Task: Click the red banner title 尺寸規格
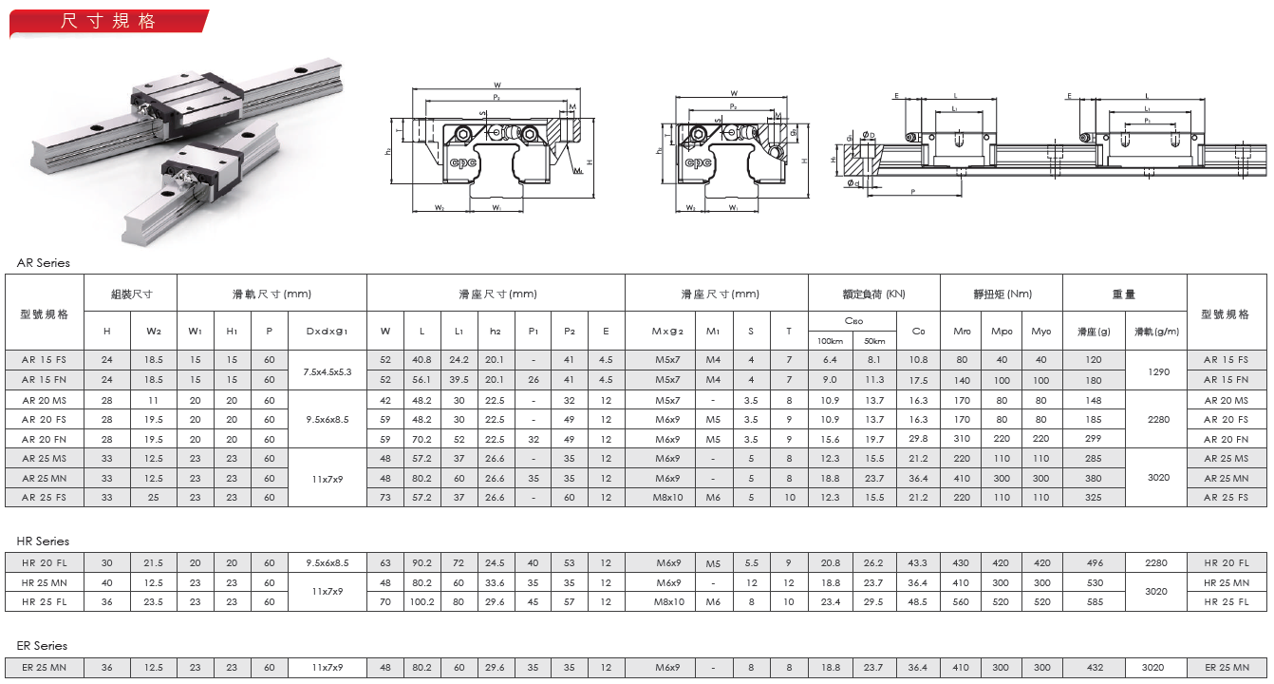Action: [108, 21]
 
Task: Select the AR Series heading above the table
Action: [44, 263]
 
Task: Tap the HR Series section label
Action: [43, 541]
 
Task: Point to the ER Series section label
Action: [42, 646]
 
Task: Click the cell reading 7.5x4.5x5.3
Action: [327, 372]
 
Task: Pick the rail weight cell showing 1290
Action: [1158, 372]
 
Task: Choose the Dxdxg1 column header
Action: [327, 332]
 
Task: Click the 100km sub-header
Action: [831, 341]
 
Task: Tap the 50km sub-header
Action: [874, 341]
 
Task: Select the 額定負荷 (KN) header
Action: [874, 294]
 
